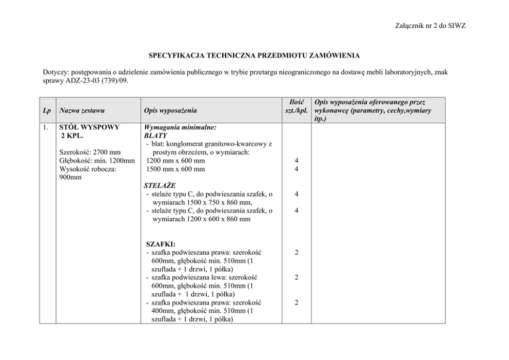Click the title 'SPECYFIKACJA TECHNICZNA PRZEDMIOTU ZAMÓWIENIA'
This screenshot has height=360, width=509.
point(254,54)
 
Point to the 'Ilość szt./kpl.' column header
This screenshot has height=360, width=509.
point(296,106)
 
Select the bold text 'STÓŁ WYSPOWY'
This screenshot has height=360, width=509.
point(89,127)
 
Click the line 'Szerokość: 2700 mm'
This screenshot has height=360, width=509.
point(90,152)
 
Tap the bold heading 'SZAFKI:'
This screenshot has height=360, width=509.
point(161,244)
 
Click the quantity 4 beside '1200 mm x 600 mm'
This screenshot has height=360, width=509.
point(296,161)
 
